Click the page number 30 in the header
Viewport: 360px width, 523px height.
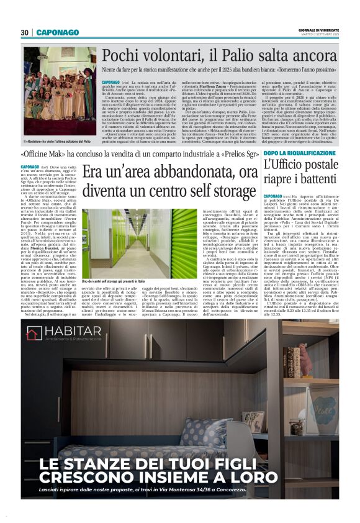25,32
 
